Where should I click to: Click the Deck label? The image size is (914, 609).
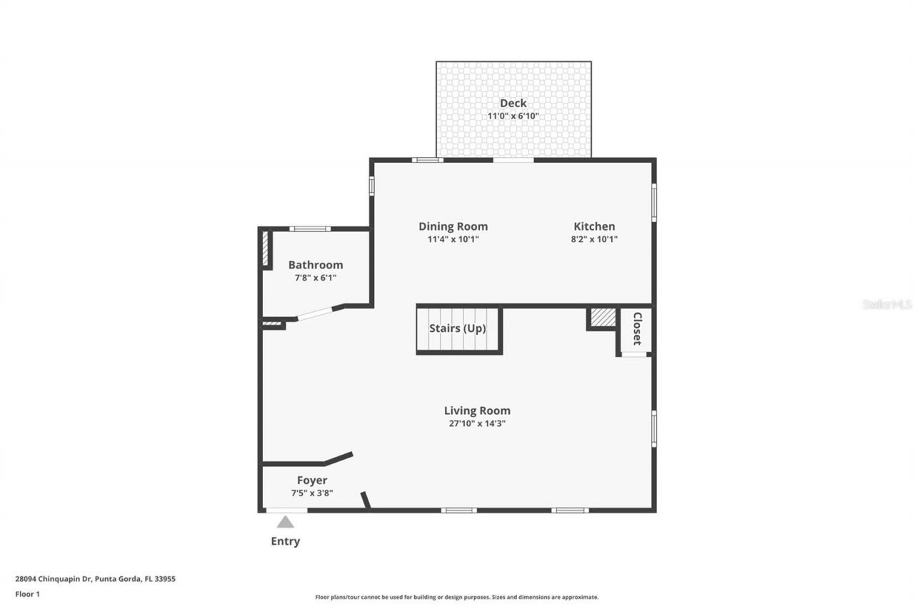(513, 104)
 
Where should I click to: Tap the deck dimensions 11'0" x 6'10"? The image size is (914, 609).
(513, 116)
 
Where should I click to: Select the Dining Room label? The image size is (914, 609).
(453, 226)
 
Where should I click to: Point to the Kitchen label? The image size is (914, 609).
(593, 226)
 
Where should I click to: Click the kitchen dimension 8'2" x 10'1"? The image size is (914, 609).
(593, 239)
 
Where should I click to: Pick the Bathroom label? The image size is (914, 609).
(315, 265)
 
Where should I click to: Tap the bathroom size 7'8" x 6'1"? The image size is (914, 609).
(315, 278)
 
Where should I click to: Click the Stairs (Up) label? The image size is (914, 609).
(457, 329)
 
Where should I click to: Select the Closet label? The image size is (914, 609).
(637, 328)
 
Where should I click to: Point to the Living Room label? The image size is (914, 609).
(477, 411)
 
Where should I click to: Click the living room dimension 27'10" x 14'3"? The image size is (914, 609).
(477, 423)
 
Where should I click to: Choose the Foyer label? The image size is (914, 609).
(312, 480)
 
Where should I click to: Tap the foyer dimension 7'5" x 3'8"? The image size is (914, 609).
(312, 493)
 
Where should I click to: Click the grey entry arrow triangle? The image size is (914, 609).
(286, 522)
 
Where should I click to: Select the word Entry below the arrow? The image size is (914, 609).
(285, 541)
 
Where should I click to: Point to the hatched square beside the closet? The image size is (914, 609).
(603, 318)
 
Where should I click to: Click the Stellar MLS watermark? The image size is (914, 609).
(887, 304)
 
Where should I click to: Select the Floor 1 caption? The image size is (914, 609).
(28, 594)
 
